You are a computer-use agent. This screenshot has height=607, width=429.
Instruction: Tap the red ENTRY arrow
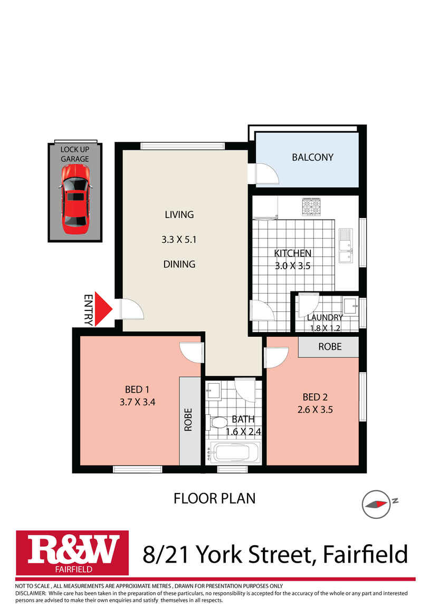pos(107,311)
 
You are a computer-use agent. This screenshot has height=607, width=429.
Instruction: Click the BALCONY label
pos(312,157)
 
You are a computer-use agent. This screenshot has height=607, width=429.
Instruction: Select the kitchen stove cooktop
pos(311,206)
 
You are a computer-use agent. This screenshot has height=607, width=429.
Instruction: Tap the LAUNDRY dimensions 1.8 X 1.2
pos(326,328)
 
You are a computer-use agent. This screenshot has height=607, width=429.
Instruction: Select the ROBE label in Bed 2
pos(329,347)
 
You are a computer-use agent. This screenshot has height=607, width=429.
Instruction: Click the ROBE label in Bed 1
pos(188,420)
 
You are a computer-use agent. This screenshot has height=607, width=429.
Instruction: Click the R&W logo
pos(73,552)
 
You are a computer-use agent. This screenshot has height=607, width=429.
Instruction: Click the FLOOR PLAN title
pos(214,498)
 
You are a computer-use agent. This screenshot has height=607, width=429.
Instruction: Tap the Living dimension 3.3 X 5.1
pos(179,239)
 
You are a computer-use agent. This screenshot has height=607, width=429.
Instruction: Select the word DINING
pos(179,264)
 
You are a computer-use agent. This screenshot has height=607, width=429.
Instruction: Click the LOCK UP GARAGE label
pos(74,154)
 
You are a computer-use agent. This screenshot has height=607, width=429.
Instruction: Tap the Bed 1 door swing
pos(191,352)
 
